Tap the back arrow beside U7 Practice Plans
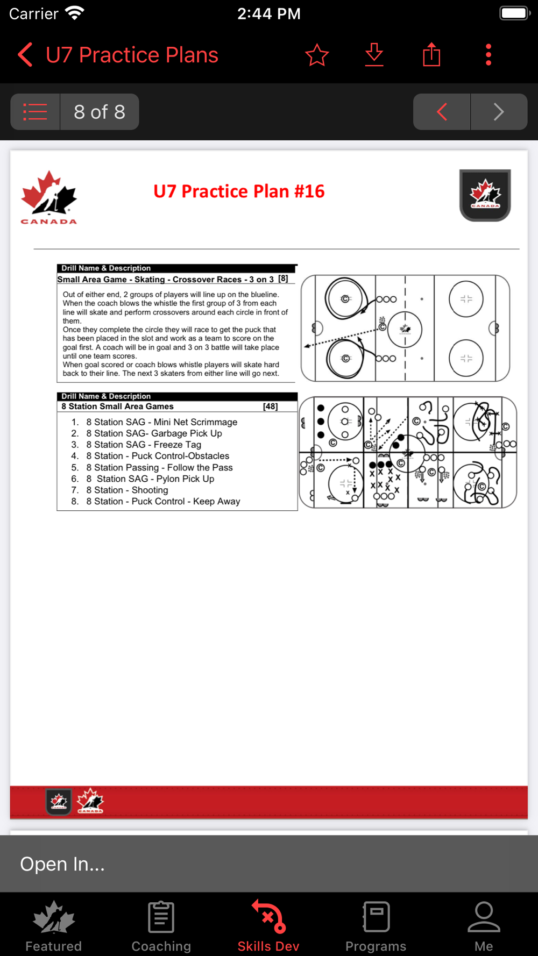click(x=25, y=55)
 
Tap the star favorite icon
click(x=317, y=55)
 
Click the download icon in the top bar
click(x=374, y=55)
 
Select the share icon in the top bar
click(x=431, y=55)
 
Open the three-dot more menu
click(x=488, y=55)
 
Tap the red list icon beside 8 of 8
click(x=36, y=112)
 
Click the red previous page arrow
click(x=442, y=112)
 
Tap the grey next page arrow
click(x=499, y=112)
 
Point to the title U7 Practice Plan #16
click(x=239, y=191)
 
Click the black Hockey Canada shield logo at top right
click(x=485, y=195)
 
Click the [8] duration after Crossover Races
click(x=283, y=279)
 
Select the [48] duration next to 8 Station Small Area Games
click(x=270, y=406)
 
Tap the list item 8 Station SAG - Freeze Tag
click(x=144, y=445)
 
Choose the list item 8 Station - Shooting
click(x=127, y=490)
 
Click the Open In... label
click(x=62, y=864)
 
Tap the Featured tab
click(x=54, y=926)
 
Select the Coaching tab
click(x=161, y=926)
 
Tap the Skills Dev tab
click(x=268, y=926)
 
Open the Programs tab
click(x=376, y=926)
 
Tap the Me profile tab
click(x=484, y=926)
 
